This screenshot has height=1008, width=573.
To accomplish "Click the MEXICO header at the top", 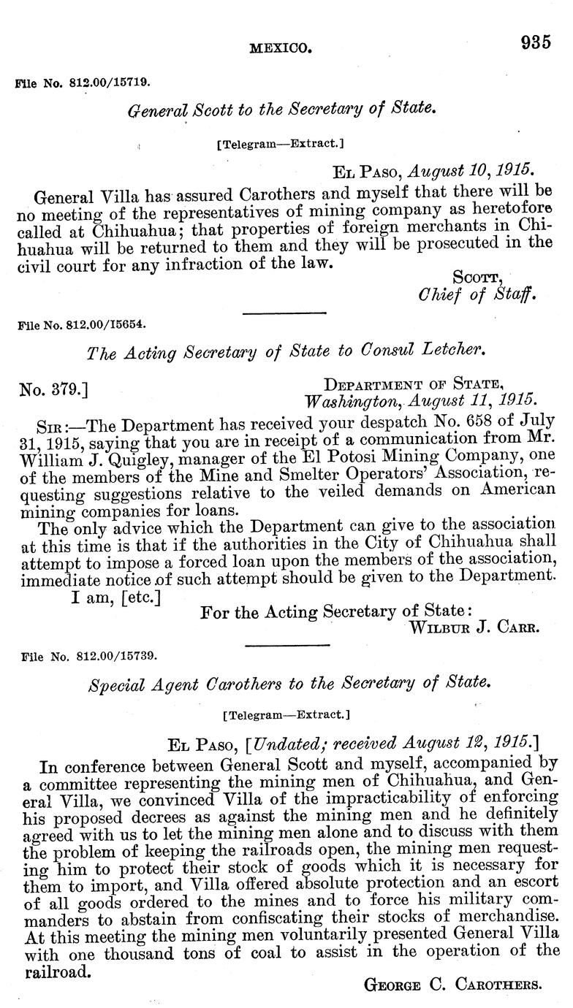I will (x=281, y=49).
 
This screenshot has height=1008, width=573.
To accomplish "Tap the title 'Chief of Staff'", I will (x=477, y=295).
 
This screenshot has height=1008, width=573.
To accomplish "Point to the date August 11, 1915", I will (x=472, y=400).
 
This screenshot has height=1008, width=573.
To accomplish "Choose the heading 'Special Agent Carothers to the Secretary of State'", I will (x=287, y=684).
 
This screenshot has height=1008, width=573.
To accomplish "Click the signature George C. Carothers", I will (x=452, y=984).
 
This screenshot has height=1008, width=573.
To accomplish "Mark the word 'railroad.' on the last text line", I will (x=58, y=971).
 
